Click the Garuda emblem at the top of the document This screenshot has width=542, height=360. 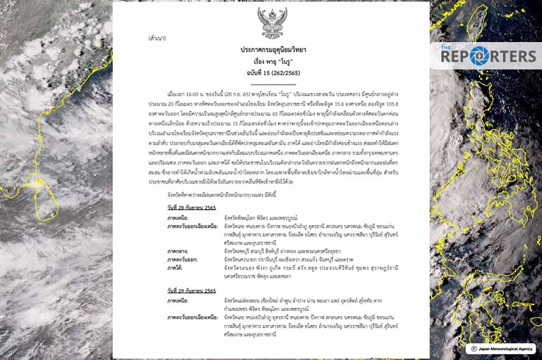tap(272, 23)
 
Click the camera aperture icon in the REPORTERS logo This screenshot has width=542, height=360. tap(478, 55)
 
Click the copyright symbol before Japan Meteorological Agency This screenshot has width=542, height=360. tap(473, 349)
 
